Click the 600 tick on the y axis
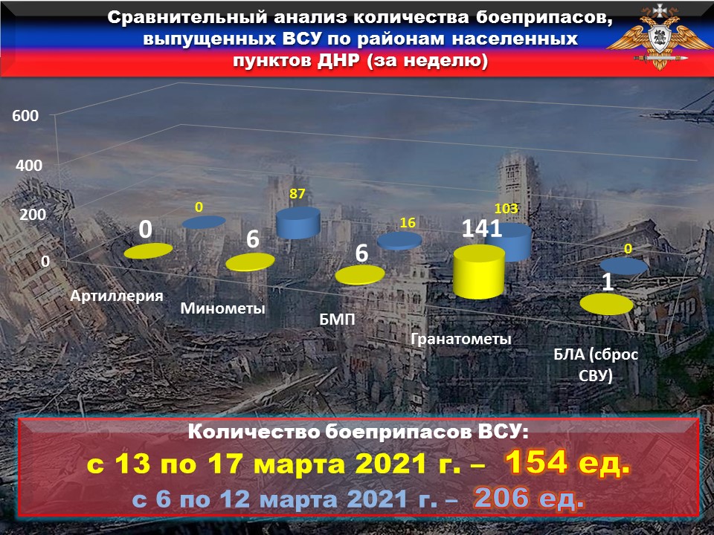25,116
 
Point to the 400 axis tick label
29,165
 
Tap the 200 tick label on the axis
33,214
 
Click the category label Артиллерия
117,296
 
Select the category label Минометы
222,308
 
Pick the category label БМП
337,320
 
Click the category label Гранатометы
461,339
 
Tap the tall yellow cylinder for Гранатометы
479,272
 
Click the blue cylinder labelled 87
298,222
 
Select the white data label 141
482,229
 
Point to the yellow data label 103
506,208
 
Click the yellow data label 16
408,222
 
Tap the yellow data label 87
297,194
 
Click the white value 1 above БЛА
608,282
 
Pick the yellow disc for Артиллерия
149,250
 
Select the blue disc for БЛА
624,266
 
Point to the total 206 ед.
529,498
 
